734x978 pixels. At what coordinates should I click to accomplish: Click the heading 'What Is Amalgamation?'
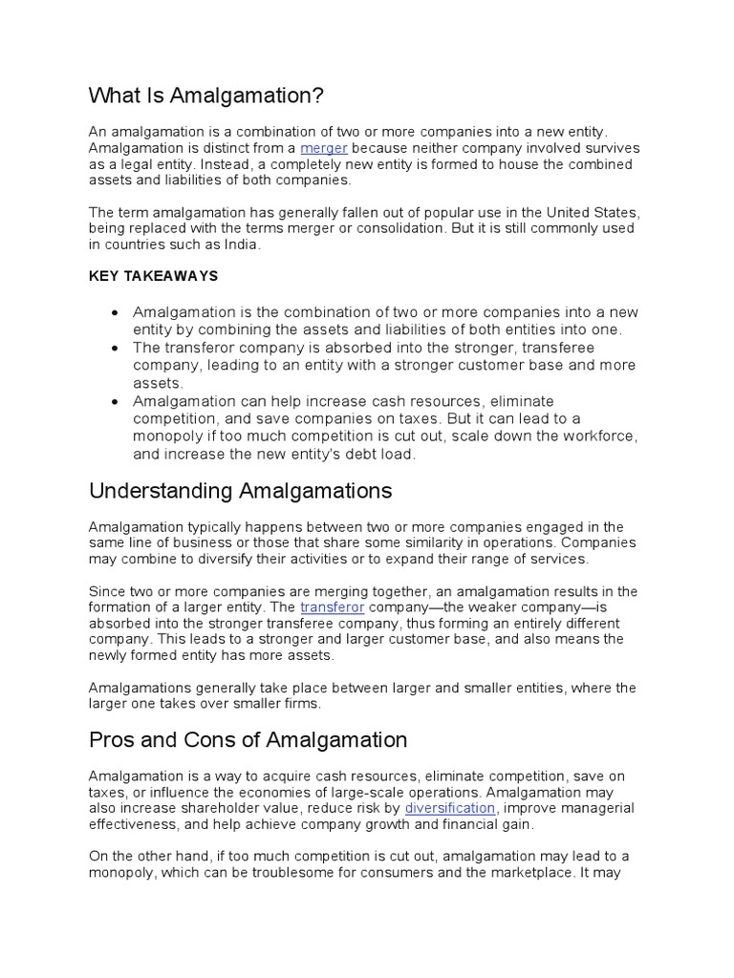click(206, 96)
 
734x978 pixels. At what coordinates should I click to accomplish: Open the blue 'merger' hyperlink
click(323, 149)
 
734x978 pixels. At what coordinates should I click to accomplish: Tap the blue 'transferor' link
click(332, 607)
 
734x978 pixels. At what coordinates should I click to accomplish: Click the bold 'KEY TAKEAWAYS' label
click(154, 276)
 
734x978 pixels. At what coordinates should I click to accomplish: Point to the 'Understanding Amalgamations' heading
click(241, 491)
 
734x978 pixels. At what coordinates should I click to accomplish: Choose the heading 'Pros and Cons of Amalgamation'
click(248, 740)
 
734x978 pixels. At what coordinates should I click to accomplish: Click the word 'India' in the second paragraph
click(241, 244)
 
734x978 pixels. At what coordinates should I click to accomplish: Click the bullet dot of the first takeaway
click(115, 313)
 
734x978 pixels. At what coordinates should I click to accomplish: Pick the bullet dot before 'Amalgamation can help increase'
click(115, 402)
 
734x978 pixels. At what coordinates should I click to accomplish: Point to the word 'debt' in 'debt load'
click(349, 455)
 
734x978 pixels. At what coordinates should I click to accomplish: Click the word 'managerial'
click(598, 808)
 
